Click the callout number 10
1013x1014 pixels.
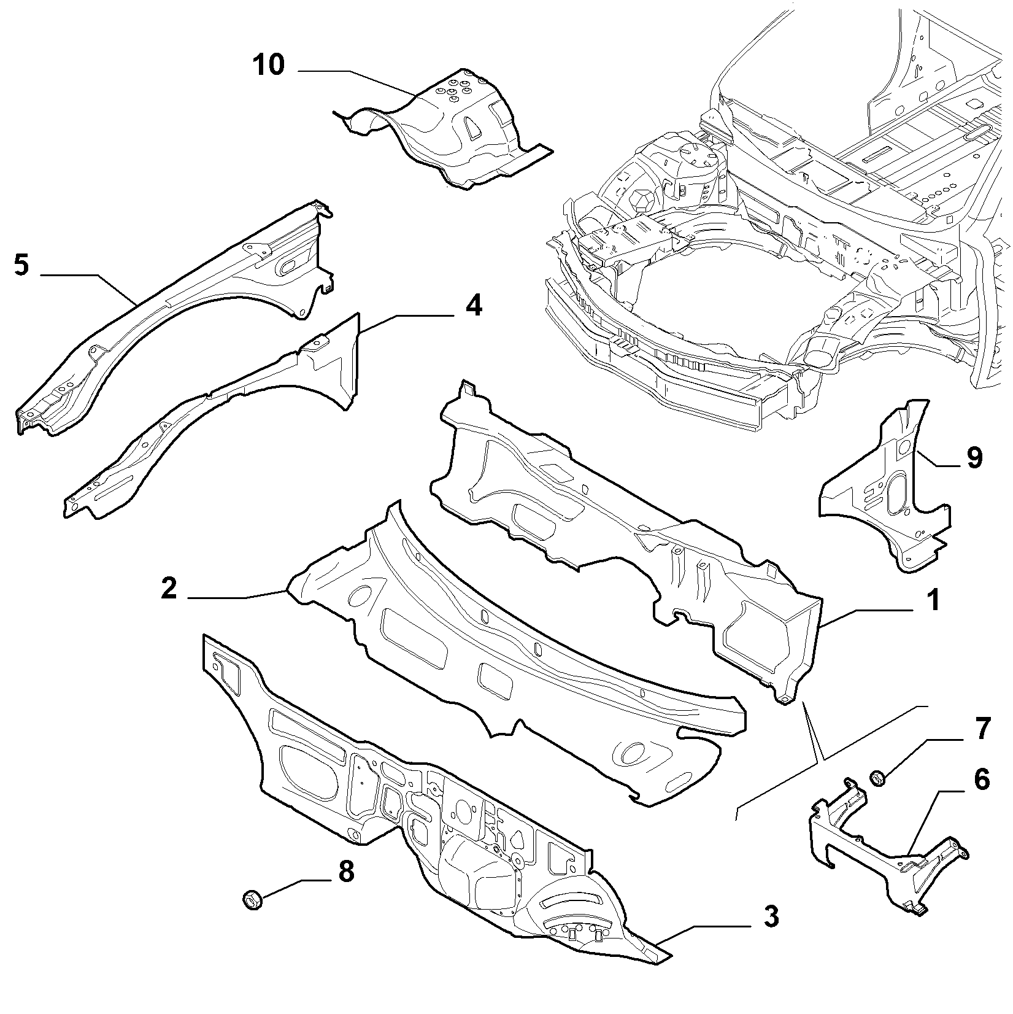tap(268, 64)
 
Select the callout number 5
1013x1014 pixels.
tap(21, 266)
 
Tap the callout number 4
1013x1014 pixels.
tap(473, 305)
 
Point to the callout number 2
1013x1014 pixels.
tap(169, 588)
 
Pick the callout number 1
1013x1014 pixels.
tap(933, 600)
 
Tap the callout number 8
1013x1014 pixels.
tap(346, 871)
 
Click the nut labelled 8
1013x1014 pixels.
tap(252, 900)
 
